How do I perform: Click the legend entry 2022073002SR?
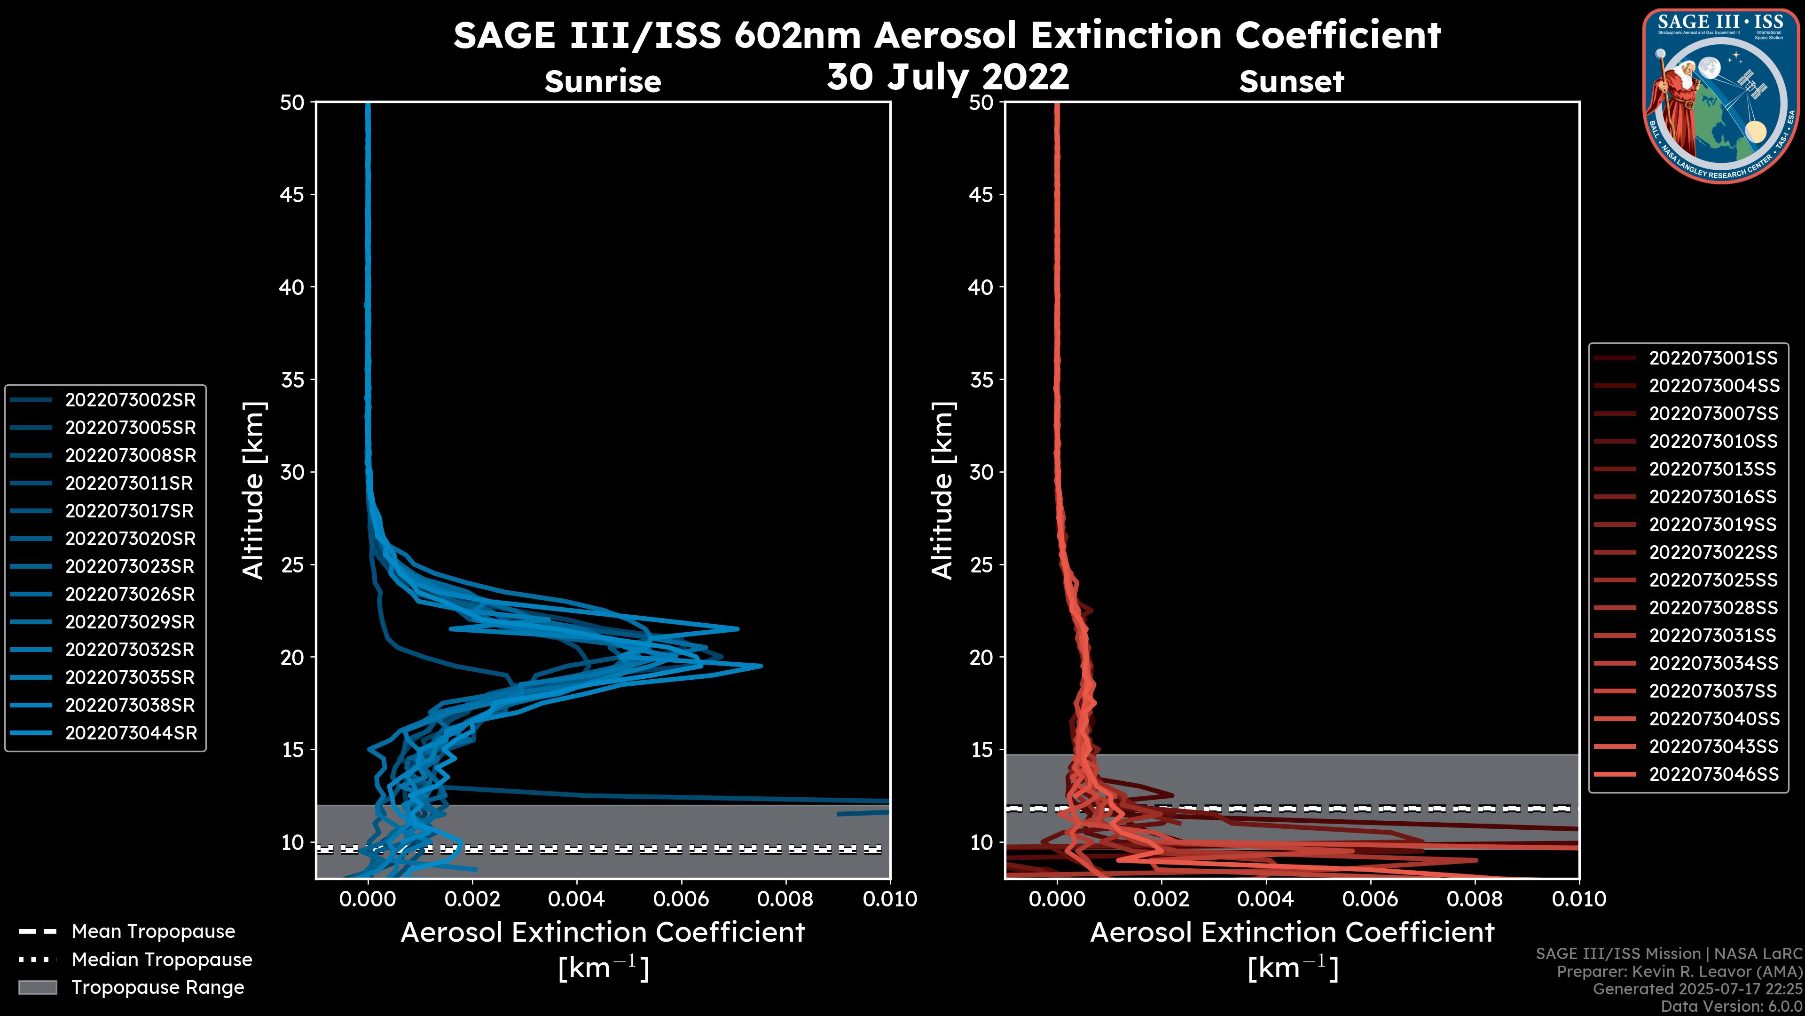[x=130, y=400]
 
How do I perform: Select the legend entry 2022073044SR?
[x=131, y=733]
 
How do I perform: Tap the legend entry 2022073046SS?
[x=1713, y=774]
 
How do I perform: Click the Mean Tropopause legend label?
[x=153, y=932]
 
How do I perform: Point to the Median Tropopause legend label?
[x=162, y=960]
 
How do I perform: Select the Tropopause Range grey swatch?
[x=38, y=987]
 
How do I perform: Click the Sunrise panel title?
[x=603, y=81]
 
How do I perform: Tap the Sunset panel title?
[x=1291, y=81]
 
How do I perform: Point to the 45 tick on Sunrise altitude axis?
[x=292, y=194]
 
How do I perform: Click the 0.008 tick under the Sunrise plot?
[x=785, y=899]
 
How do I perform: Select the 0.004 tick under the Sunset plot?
[x=1265, y=899]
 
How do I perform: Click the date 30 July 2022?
[x=948, y=76]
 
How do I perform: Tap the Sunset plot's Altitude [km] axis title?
[x=942, y=490]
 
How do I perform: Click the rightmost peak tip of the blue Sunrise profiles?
[x=761, y=666]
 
